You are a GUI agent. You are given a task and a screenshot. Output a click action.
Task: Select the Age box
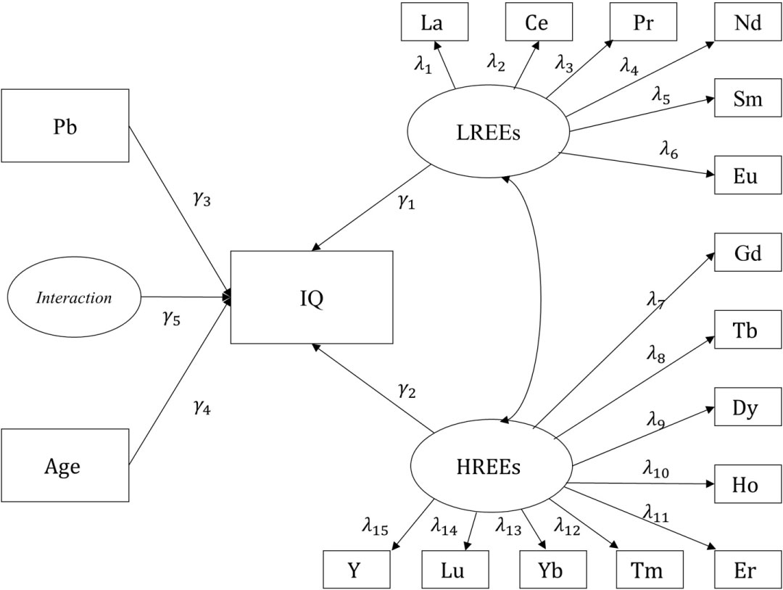65,465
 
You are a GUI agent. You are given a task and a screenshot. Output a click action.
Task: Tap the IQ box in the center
312,297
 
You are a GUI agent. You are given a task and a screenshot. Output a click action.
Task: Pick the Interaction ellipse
74,297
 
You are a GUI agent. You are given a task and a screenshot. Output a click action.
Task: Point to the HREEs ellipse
490,468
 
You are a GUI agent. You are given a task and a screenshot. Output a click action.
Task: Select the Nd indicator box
747,22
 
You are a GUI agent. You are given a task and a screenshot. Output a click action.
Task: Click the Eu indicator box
747,175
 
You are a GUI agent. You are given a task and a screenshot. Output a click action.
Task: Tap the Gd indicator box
747,252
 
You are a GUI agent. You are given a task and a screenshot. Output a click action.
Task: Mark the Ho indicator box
747,484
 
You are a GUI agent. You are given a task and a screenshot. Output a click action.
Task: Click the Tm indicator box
650,570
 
